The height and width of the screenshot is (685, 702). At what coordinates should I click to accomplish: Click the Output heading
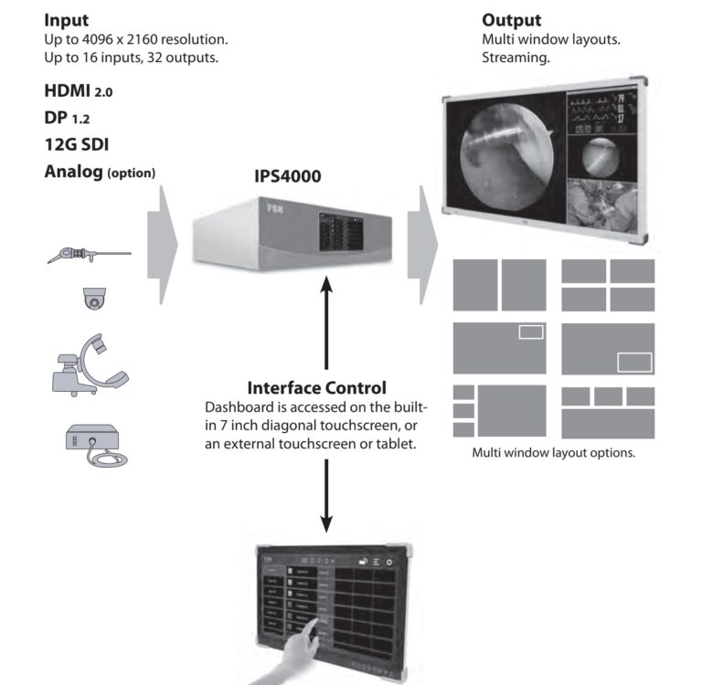click(511, 20)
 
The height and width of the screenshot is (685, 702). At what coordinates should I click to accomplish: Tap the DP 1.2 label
click(67, 118)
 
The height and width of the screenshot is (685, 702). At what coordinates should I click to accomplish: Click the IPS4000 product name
click(287, 176)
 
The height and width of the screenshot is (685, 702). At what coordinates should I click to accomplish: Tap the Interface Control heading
click(316, 387)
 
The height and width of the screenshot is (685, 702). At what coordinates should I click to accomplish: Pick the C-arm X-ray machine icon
click(88, 365)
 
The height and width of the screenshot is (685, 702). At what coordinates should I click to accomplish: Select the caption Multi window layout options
click(553, 453)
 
